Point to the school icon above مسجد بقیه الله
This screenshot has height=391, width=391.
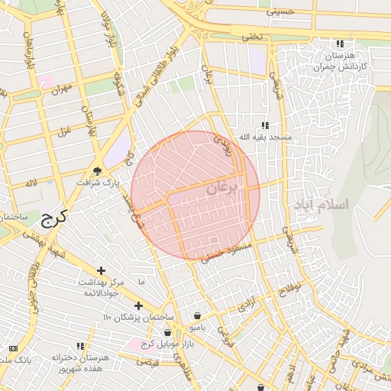[265, 124]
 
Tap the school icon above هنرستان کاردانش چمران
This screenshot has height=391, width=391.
[339, 44]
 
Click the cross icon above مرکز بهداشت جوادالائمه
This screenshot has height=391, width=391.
[101, 270]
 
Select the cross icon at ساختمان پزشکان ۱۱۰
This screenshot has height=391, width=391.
[138, 305]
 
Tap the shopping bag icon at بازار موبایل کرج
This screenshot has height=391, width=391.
[167, 332]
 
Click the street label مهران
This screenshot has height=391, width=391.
[60, 89]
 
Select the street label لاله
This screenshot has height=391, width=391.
[31, 183]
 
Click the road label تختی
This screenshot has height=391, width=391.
[251, 35]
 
